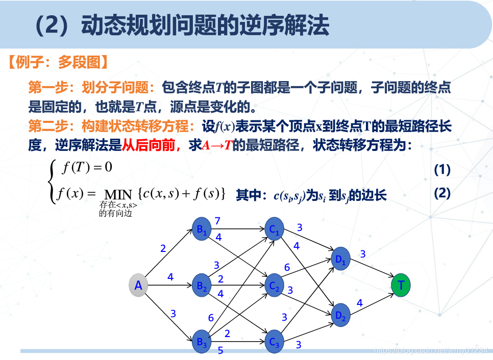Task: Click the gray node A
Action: [138, 286]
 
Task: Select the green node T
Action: [401, 285]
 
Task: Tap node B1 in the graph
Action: [202, 229]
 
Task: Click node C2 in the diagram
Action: [275, 286]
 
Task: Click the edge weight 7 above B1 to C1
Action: [217, 221]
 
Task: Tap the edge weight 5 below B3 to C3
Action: [220, 350]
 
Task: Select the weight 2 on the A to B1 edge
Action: [163, 249]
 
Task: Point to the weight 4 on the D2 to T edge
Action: [359, 303]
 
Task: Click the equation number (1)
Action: [442, 170]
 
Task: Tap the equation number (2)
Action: [442, 193]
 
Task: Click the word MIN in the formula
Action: [118, 195]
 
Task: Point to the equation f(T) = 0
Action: [87, 167]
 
